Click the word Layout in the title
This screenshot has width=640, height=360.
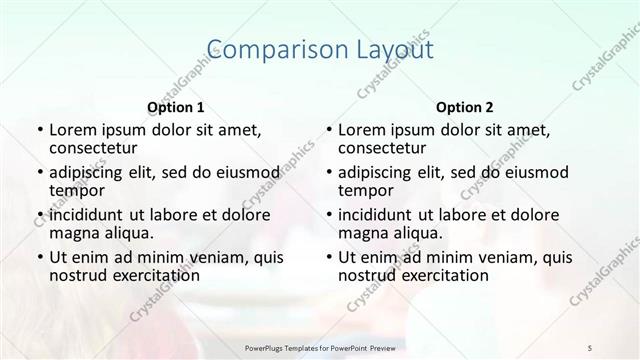[x=391, y=49]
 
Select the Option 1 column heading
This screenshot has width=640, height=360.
[x=176, y=107]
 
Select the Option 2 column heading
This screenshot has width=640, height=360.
[x=465, y=107]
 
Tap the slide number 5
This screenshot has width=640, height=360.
[x=591, y=346]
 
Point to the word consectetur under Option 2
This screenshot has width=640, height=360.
[x=384, y=149]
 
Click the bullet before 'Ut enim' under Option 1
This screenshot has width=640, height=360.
[x=37, y=257]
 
